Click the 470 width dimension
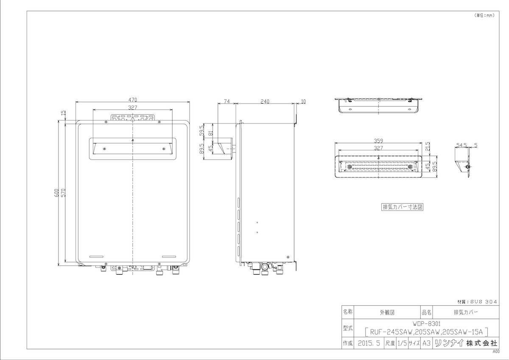[x=133, y=100]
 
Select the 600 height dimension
[x=56, y=193]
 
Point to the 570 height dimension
[x=63, y=193]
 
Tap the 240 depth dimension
[x=265, y=101]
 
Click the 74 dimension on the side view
[x=227, y=101]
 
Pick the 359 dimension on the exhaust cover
[x=378, y=141]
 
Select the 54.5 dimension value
[x=461, y=145]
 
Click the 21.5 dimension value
[x=428, y=146]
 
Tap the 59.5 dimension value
[x=201, y=130]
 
